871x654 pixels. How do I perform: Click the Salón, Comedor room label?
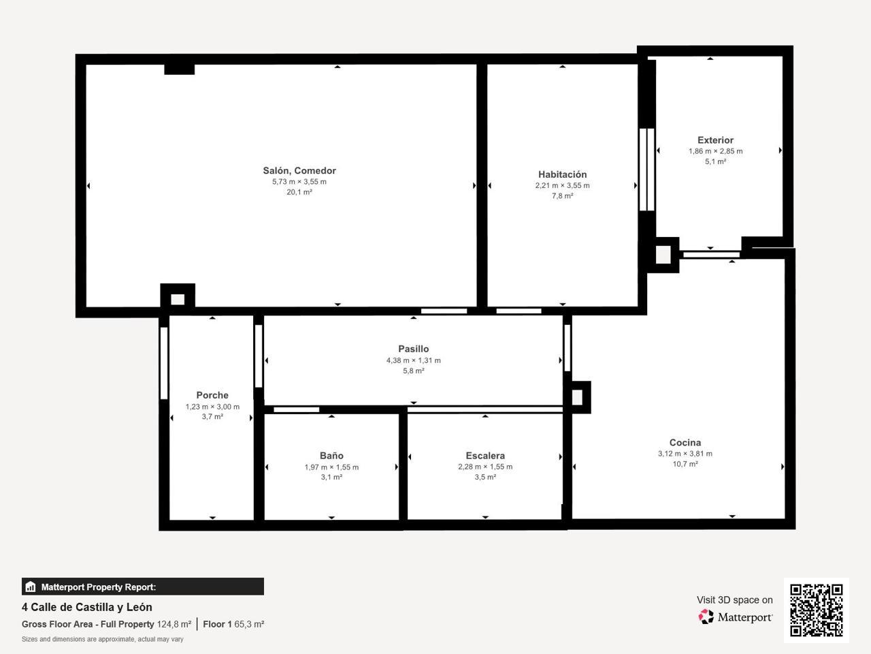tap(299, 171)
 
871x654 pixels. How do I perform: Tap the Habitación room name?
tap(562, 174)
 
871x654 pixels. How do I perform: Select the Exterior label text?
tap(715, 140)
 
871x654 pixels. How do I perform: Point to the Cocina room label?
tap(685, 442)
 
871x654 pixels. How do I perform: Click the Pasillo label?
tap(414, 349)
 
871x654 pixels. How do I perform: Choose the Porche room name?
tap(212, 395)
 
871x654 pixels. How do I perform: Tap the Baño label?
tap(331, 456)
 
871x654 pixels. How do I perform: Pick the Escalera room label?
tap(485, 456)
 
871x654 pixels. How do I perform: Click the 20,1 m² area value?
tap(299, 192)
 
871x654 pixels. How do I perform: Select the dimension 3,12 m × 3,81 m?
tap(685, 454)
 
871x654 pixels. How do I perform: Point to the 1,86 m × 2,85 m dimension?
tap(715, 151)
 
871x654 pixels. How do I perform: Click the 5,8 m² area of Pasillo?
tap(414, 371)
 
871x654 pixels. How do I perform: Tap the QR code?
tap(817, 610)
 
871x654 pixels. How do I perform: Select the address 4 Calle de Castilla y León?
tap(87, 607)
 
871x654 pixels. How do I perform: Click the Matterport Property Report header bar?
tap(143, 587)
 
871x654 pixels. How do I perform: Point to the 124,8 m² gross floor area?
tap(174, 624)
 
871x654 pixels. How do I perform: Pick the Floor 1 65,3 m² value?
tap(233, 624)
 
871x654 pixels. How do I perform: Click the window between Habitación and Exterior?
tap(647, 170)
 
